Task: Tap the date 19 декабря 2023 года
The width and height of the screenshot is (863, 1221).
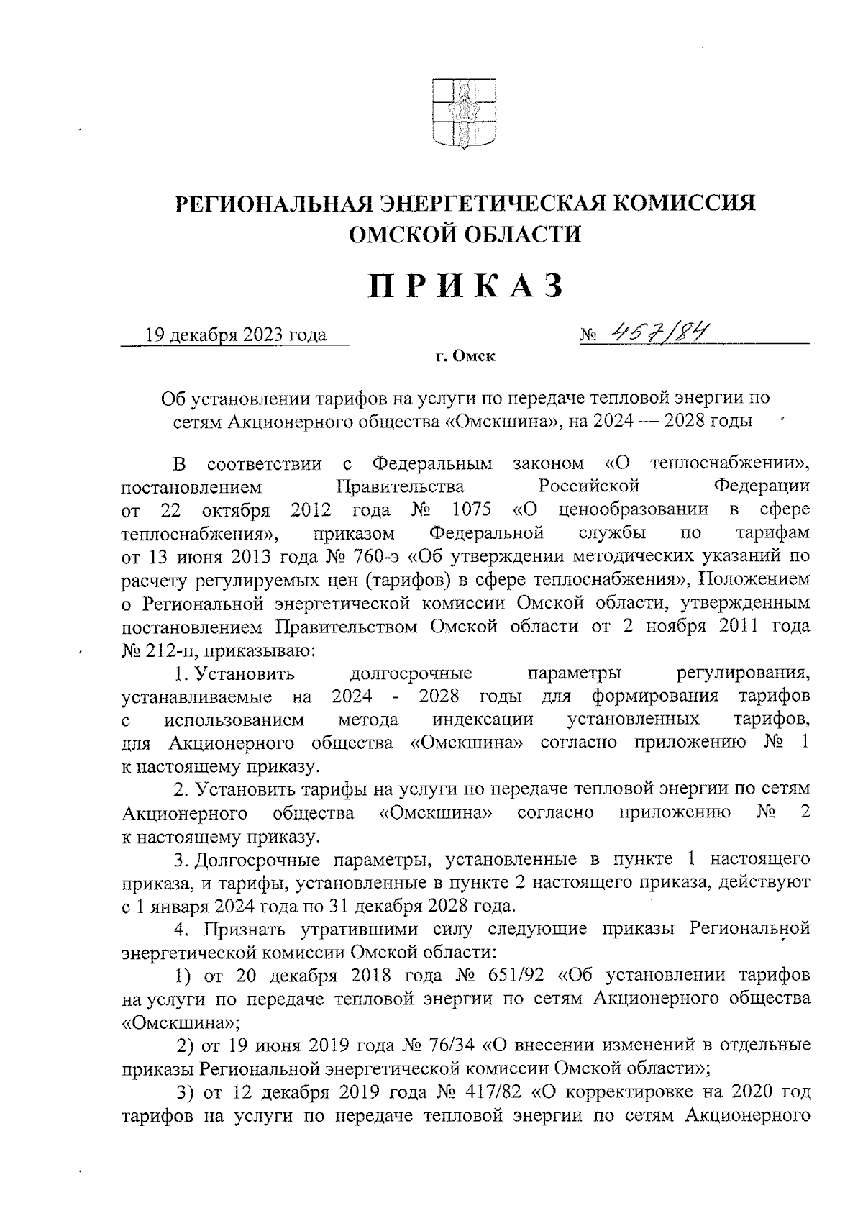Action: click(x=236, y=335)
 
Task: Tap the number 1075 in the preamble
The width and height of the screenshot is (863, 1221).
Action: click(x=472, y=510)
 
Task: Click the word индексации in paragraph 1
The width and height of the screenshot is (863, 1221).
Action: click(x=483, y=720)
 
